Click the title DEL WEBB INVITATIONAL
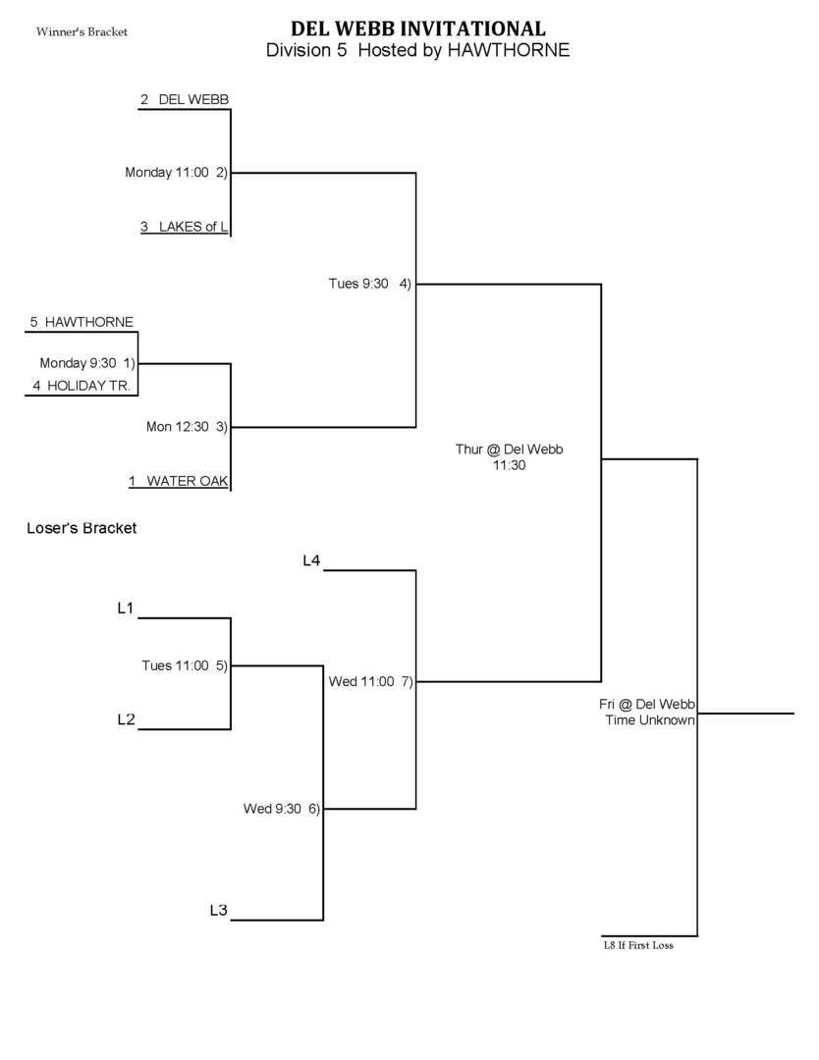coord(417,28)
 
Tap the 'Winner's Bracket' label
coord(82,32)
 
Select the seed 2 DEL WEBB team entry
coord(185,100)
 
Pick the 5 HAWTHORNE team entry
coord(82,322)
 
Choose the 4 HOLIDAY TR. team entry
coord(82,386)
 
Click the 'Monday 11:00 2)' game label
coord(176,173)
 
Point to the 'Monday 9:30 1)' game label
coord(87,363)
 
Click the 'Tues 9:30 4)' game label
coord(369,284)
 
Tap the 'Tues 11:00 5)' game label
coord(185,665)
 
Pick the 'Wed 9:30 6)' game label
coord(282,809)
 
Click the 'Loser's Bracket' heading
coord(82,528)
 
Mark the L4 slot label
coord(311,560)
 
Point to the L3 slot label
coord(219,911)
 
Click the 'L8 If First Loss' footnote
coord(638,946)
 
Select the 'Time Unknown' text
coord(650,720)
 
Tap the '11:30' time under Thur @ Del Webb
coord(510,466)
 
